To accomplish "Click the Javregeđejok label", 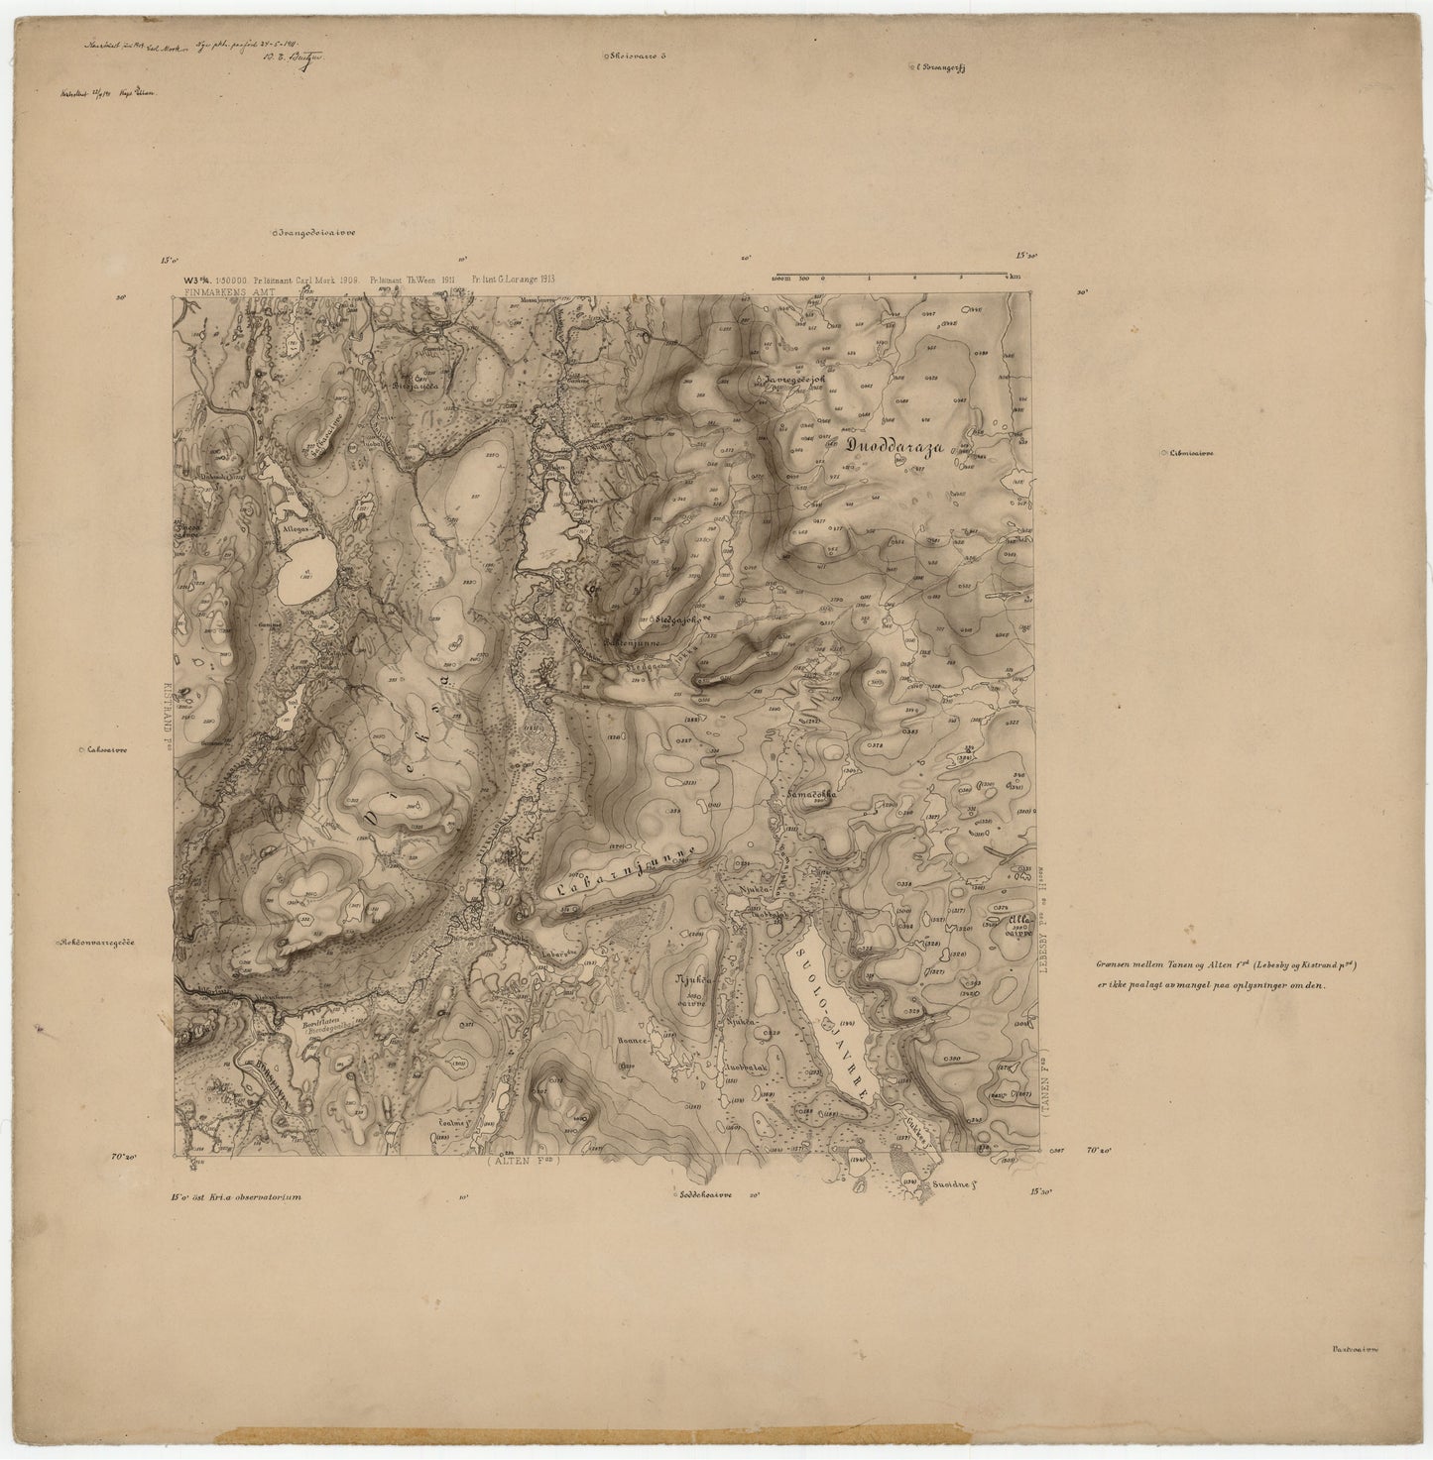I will coord(800,380).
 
